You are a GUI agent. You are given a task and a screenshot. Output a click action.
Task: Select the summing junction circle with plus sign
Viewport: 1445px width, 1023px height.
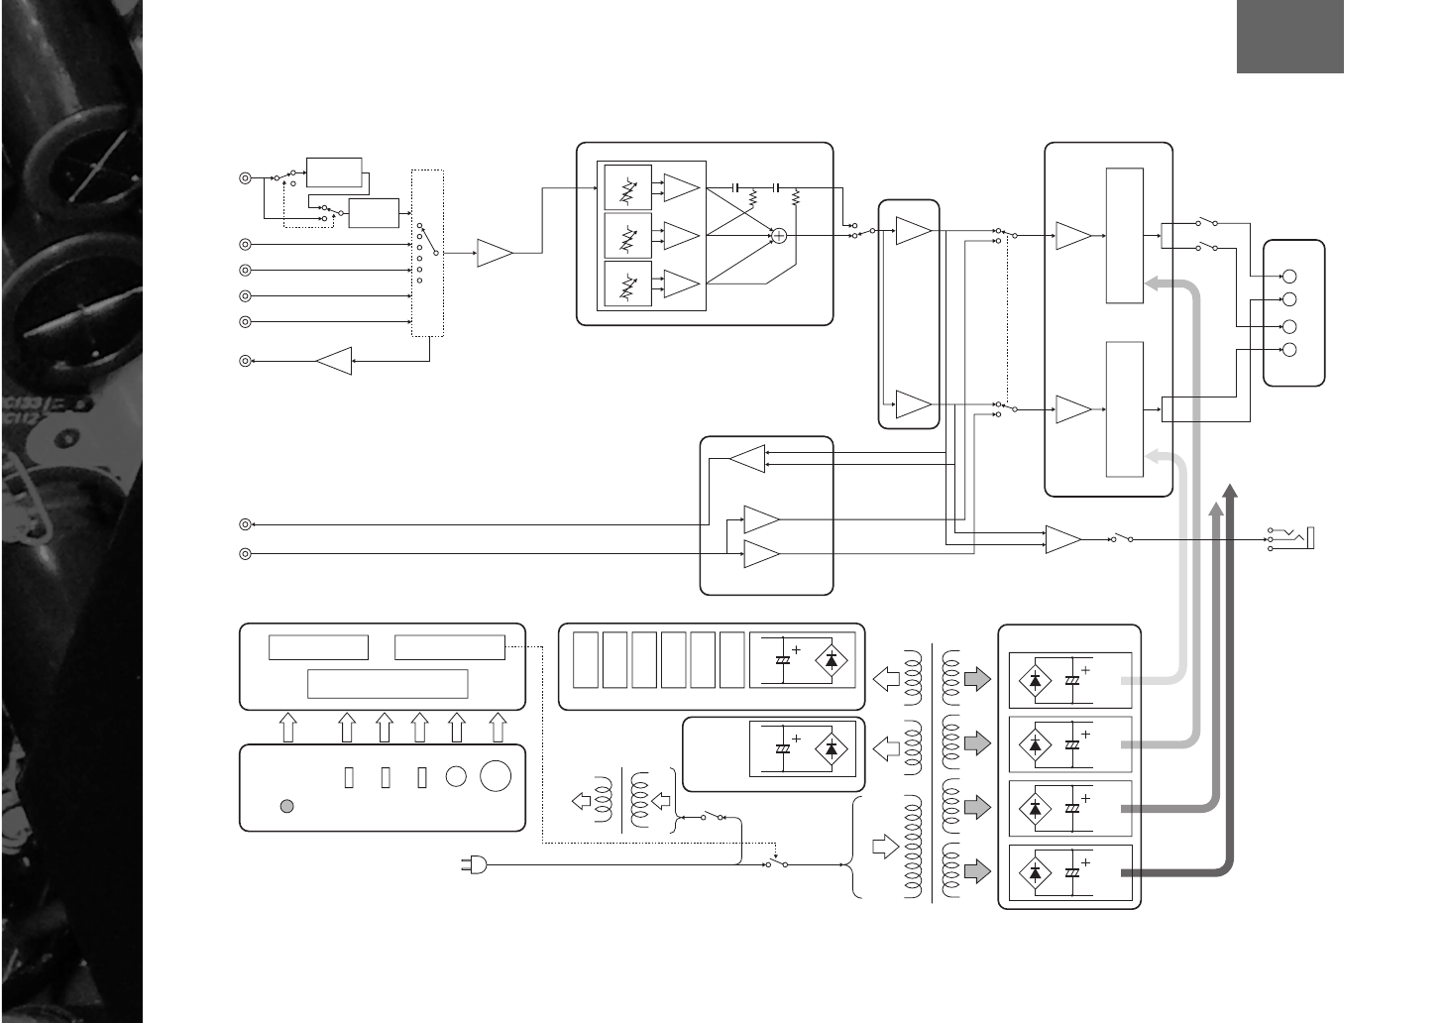point(779,235)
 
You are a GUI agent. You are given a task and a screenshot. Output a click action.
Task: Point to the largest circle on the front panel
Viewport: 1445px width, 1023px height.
point(496,776)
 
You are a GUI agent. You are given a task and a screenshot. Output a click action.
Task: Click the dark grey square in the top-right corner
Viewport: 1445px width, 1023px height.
point(1289,37)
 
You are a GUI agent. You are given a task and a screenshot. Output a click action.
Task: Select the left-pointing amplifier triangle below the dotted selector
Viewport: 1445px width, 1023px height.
point(334,362)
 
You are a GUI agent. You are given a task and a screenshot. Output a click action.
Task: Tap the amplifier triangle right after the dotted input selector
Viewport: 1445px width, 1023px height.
point(495,253)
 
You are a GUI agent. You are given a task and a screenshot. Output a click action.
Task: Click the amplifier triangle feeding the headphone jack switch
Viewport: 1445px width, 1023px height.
point(1063,539)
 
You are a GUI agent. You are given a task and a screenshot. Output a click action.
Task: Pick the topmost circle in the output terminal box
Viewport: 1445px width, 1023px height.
point(1289,277)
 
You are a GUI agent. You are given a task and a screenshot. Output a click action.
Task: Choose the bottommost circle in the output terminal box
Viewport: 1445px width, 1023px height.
point(1289,349)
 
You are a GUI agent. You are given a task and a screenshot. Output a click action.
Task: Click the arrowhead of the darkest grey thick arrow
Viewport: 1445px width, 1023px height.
point(1230,492)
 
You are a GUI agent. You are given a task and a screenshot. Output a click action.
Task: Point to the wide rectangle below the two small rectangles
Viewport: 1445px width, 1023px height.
point(388,684)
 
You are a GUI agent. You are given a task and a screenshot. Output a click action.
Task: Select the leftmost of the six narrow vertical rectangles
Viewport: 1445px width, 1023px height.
point(586,659)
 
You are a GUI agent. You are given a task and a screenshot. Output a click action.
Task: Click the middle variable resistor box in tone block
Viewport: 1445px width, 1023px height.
point(627,236)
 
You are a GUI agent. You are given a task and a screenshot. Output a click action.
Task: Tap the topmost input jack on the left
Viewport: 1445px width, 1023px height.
point(245,178)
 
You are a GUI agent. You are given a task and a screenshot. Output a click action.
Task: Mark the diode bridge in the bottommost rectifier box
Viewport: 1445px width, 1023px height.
point(1036,872)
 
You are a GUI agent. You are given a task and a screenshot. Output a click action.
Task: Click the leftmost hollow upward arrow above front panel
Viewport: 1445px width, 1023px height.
point(288,729)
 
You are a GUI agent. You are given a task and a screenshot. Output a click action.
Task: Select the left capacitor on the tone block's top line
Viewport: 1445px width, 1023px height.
point(735,187)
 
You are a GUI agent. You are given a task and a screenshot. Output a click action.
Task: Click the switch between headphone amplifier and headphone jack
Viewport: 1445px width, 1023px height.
point(1122,539)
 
